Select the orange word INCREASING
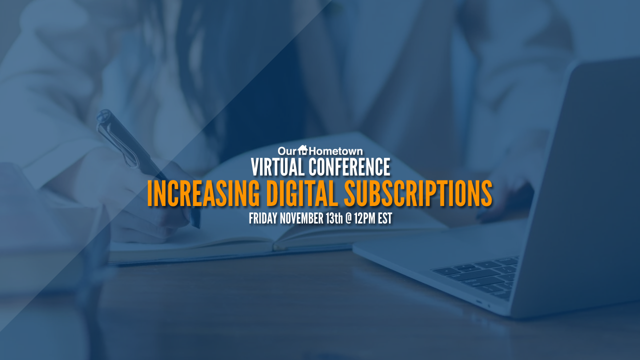click(203, 193)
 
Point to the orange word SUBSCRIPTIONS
click(418, 193)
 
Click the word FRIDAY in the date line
click(263, 218)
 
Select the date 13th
click(334, 218)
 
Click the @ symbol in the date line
click(348, 219)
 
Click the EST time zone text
click(385, 218)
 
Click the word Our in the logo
click(287, 151)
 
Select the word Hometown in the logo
click(335, 151)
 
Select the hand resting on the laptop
click(503, 197)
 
